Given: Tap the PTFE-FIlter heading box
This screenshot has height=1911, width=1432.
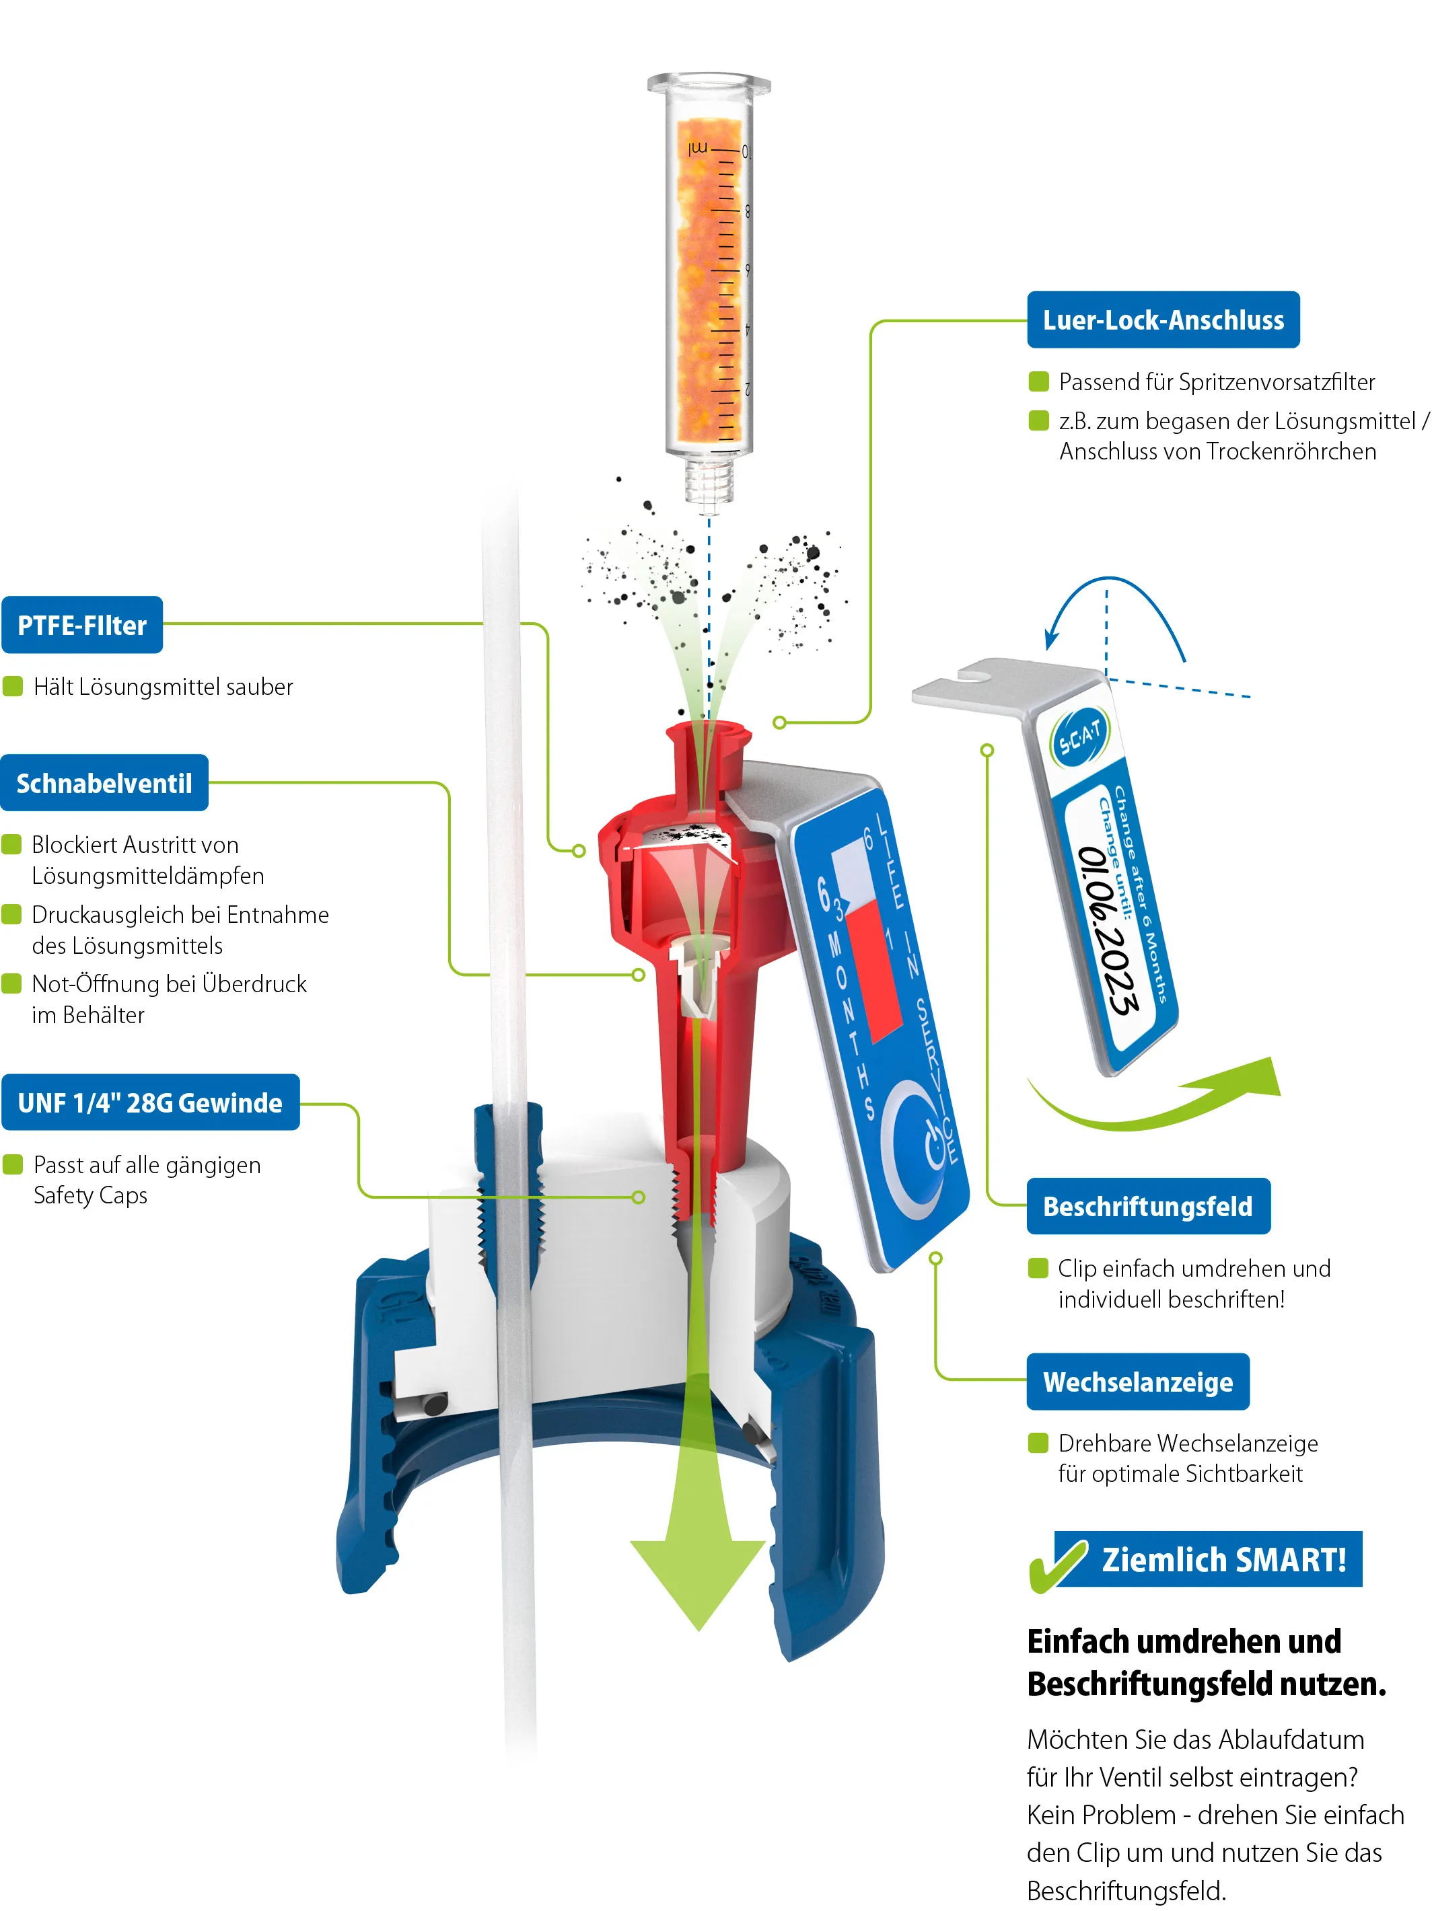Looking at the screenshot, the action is coord(82,625).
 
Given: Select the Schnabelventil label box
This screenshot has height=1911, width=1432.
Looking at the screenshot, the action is coord(104,783).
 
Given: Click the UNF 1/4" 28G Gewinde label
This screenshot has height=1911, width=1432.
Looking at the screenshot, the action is coord(150,1102).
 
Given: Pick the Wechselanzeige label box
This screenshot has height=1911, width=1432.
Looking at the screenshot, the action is coord(1138,1382).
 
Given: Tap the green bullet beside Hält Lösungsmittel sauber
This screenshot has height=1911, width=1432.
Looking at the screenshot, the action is coord(13,686).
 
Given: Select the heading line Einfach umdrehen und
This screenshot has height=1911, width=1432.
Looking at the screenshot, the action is coord(1184,1641).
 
